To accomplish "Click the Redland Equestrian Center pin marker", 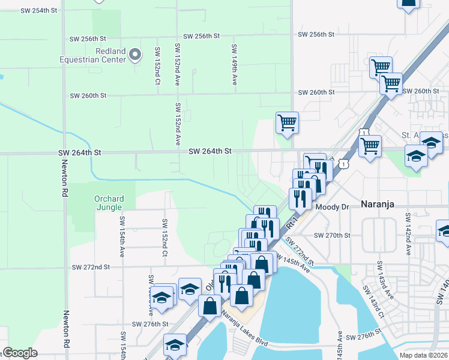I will pyautogui.click(x=135, y=55).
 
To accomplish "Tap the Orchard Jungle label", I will pyautogui.click(x=109, y=204).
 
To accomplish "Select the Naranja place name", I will pyautogui.click(x=377, y=204).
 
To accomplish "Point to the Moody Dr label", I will pyautogui.click(x=332, y=207).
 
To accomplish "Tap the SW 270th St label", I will pyautogui.click(x=331, y=235).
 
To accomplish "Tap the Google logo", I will pyautogui.click(x=20, y=353).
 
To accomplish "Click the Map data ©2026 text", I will pyautogui.click(x=424, y=355).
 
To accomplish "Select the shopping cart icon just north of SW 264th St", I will pyautogui.click(x=288, y=122).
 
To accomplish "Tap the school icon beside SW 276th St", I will pyautogui.click(x=175, y=345).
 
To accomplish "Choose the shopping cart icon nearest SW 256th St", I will pyautogui.click(x=381, y=67).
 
